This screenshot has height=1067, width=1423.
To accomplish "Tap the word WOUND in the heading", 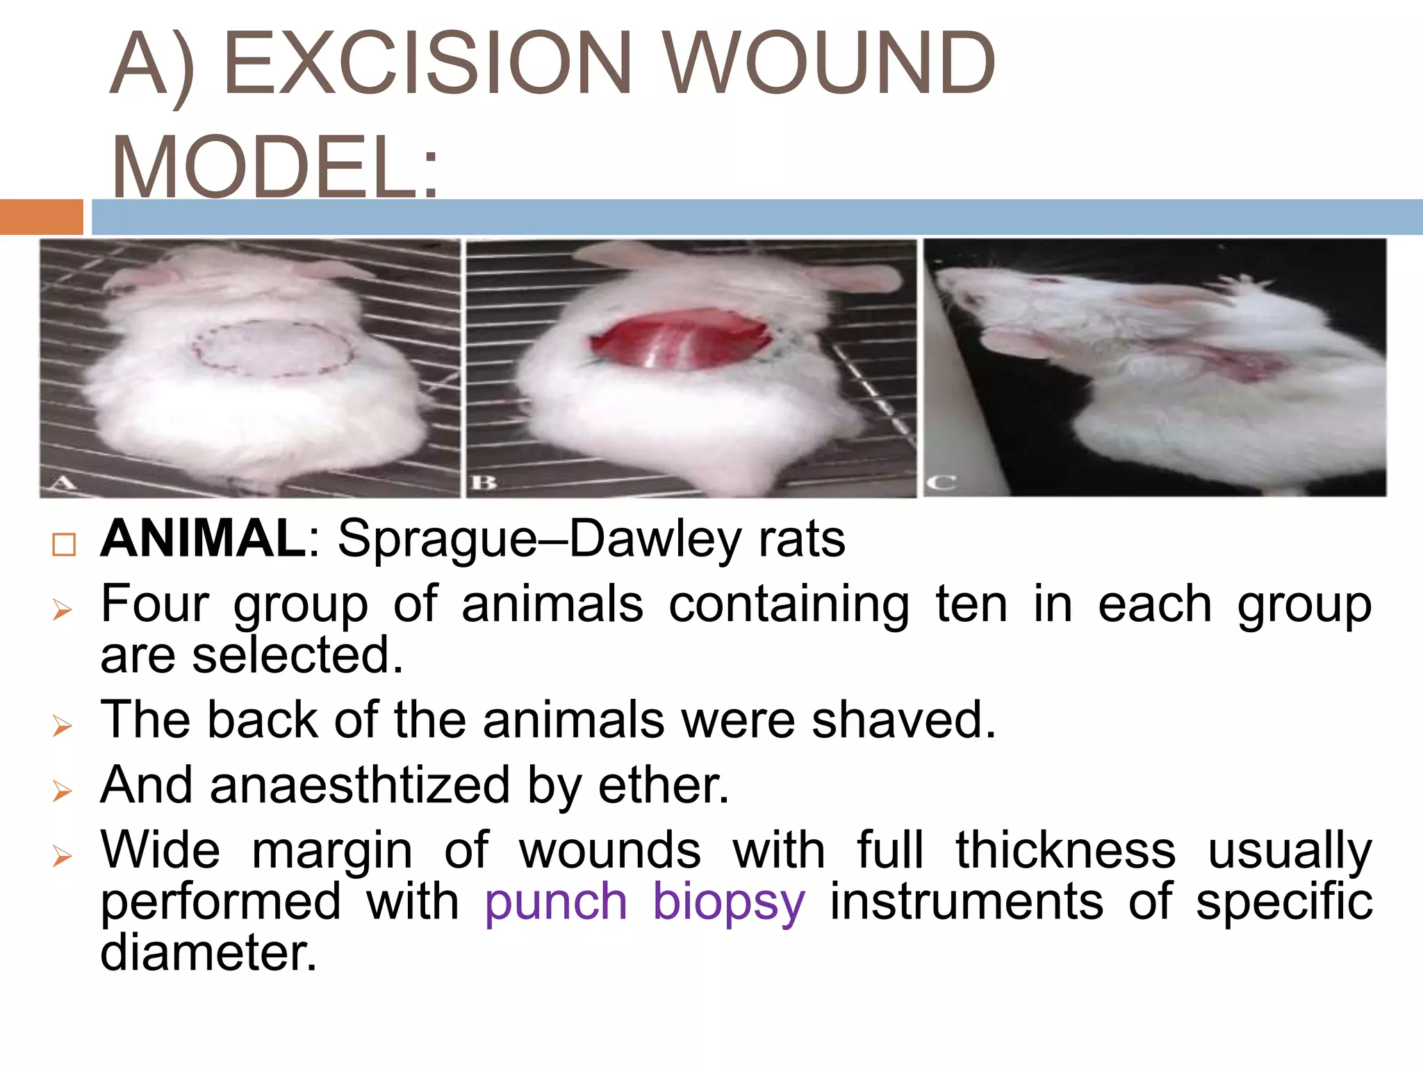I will pyautogui.click(x=830, y=64).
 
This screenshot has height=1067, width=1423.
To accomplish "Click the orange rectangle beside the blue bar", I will pyautogui.click(x=41, y=217).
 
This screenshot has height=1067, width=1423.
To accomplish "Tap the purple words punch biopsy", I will pyautogui.click(x=645, y=902).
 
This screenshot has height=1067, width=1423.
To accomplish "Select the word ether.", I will pyautogui.click(x=664, y=786).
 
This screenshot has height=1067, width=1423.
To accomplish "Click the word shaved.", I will pyautogui.click(x=904, y=720).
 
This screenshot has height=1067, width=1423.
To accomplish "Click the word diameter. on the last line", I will pyautogui.click(x=208, y=952).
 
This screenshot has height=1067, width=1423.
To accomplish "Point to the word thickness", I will pyautogui.click(x=1066, y=850).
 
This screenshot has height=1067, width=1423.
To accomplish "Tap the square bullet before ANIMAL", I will pyautogui.click(x=64, y=544).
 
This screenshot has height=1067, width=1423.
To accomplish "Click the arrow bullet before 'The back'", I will pyautogui.click(x=63, y=726).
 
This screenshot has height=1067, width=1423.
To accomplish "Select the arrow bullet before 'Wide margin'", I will pyautogui.click(x=63, y=857).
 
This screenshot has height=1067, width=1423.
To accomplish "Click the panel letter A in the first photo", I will pyautogui.click(x=65, y=481).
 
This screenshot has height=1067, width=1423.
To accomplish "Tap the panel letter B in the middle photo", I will pyautogui.click(x=484, y=481).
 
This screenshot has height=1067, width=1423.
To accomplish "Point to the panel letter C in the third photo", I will pyautogui.click(x=942, y=482).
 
